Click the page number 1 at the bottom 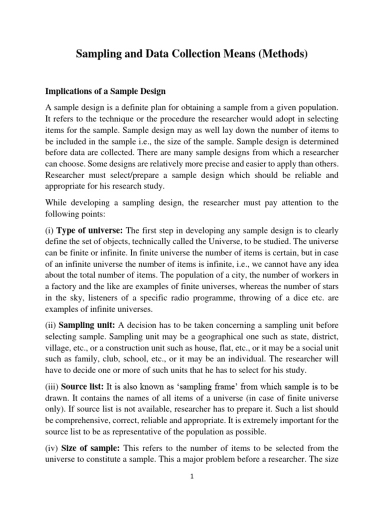(x=192, y=476)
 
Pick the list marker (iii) (x=52, y=386)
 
